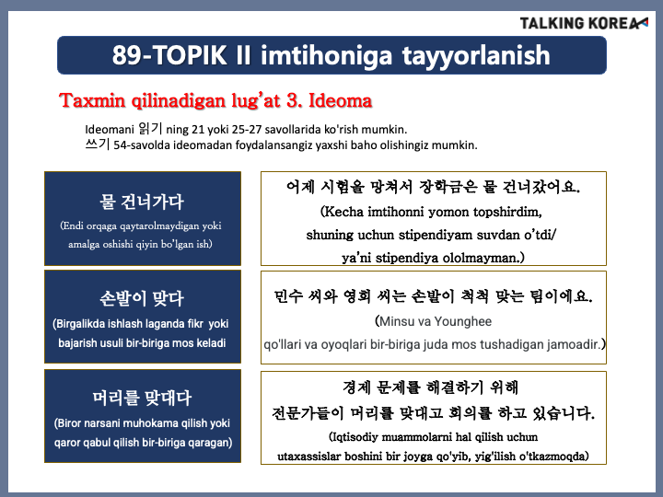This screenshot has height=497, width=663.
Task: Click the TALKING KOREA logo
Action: click(x=584, y=23)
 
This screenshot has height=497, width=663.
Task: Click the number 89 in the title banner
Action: click(x=127, y=55)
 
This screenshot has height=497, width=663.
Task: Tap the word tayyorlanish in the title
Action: click(x=476, y=56)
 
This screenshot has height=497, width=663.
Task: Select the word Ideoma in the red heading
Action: click(x=341, y=100)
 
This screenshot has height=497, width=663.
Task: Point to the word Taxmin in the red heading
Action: click(x=93, y=100)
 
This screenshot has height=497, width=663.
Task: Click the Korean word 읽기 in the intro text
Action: click(x=150, y=129)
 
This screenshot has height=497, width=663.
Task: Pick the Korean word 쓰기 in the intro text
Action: click(x=98, y=144)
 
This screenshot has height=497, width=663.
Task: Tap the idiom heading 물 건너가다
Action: click(x=142, y=202)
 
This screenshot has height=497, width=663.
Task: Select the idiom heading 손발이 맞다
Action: click(x=142, y=299)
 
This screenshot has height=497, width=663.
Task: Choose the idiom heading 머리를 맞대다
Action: click(x=142, y=399)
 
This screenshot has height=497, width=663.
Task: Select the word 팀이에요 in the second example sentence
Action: click(x=562, y=296)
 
